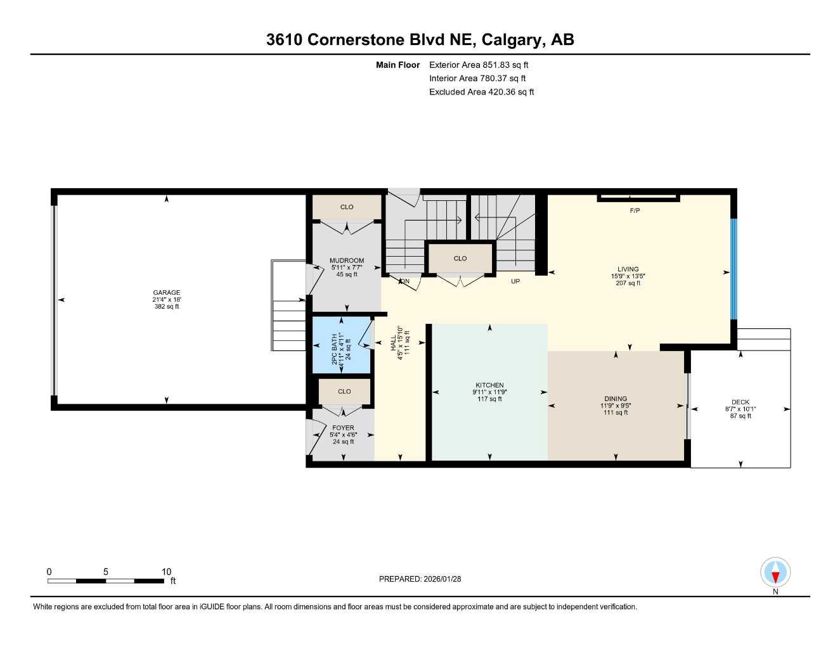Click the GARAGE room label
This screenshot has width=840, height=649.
tap(166, 292)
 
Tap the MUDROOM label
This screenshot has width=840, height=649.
tap(347, 260)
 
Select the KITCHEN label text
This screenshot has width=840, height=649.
tap(489, 385)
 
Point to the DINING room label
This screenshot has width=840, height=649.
tap(616, 399)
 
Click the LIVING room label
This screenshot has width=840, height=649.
tap(628, 269)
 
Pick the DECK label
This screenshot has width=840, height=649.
tap(740, 402)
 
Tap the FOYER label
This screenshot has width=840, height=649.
tap(343, 428)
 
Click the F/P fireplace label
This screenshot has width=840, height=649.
tap(635, 210)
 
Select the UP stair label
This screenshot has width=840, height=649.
tap(515, 281)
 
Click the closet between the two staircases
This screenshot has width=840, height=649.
tap(460, 259)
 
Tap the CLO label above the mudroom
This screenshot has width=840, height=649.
tap(347, 207)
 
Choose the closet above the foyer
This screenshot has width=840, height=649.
tap(344, 392)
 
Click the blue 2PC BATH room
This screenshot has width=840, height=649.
tap(341, 345)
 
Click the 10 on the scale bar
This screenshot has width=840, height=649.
tap(166, 572)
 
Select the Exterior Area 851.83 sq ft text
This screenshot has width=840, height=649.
tap(479, 65)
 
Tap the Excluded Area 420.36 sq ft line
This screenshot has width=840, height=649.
tap(481, 92)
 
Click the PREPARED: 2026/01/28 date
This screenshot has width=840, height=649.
tap(420, 579)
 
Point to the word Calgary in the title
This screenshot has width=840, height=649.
tap(510, 40)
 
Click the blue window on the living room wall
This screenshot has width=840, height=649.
tap(733, 269)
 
